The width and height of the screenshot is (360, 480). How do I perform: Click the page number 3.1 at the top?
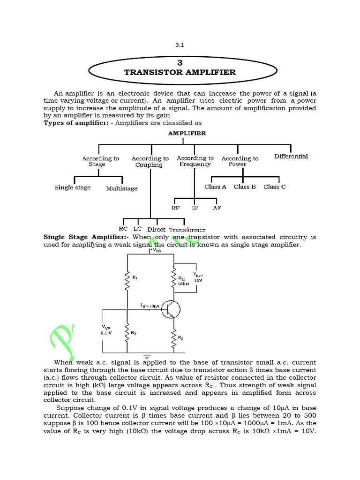(x=180, y=45)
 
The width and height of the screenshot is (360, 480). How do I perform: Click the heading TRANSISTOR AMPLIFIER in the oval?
(x=180, y=73)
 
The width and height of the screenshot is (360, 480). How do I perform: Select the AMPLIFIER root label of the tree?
(x=187, y=133)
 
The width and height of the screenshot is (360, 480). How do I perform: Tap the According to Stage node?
(x=100, y=161)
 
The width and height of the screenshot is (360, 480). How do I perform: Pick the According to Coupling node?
(x=150, y=162)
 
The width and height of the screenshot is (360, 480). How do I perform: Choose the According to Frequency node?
(x=195, y=161)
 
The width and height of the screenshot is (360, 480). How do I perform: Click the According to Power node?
(x=240, y=161)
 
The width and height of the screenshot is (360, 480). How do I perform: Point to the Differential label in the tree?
(x=291, y=156)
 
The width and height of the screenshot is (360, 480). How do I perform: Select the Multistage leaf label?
(x=122, y=188)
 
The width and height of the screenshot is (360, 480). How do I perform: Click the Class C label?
(x=275, y=187)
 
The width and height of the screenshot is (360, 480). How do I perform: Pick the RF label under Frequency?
(x=175, y=207)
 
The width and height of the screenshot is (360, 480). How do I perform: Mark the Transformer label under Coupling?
(x=187, y=230)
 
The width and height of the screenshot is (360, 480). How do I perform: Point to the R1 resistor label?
(x=135, y=277)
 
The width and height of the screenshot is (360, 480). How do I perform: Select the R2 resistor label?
(x=134, y=333)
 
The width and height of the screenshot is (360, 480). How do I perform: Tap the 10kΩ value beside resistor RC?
(x=183, y=284)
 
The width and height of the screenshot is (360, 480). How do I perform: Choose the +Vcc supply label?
(x=155, y=251)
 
